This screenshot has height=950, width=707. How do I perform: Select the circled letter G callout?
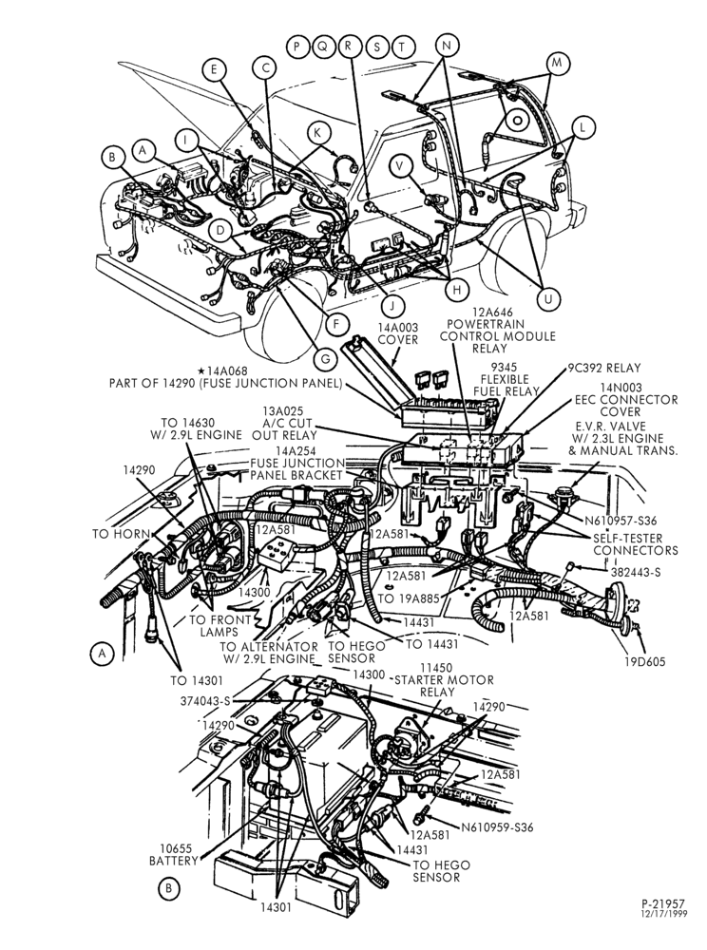(325, 359)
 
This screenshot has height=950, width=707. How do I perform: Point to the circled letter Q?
(323, 46)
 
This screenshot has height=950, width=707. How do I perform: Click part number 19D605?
(645, 661)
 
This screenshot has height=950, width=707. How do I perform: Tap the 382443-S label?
(627, 571)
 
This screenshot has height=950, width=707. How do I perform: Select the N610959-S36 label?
(497, 827)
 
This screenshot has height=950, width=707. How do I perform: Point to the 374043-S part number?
(205, 701)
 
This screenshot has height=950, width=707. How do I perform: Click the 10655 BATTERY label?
(174, 854)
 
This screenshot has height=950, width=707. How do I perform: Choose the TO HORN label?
(121, 534)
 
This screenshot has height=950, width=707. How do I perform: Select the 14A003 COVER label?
(398, 333)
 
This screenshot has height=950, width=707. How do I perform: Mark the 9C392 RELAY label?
(604, 368)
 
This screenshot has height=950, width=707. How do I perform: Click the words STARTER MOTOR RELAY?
(444, 686)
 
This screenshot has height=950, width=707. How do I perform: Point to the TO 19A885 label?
(409, 598)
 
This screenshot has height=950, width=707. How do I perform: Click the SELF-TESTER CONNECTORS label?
(636, 544)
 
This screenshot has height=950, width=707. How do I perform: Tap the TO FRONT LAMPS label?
(220, 626)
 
